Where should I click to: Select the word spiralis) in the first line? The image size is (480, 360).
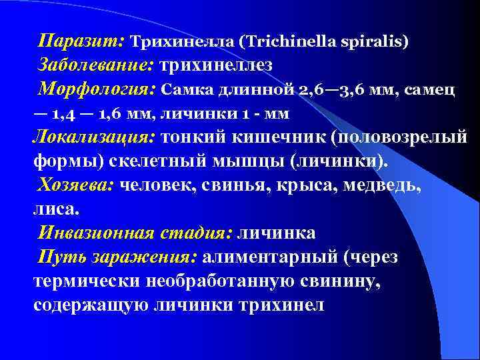(x=373, y=41)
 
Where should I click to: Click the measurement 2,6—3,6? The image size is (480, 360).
(x=327, y=89)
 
